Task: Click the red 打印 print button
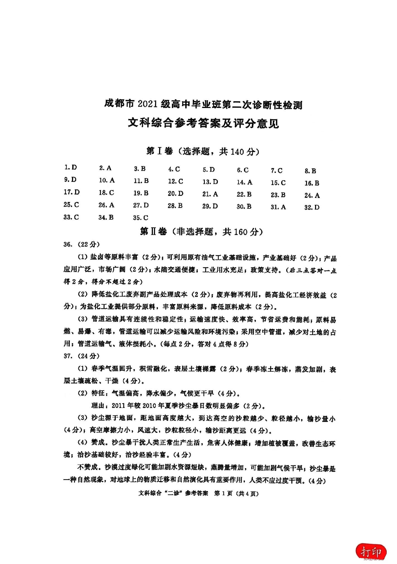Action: tap(371, 552)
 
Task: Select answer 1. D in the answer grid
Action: tap(71, 167)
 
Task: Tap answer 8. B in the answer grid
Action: tap(310, 171)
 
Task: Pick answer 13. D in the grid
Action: tap(210, 182)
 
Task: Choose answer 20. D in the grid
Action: tap(175, 193)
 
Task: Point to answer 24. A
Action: tap(312, 195)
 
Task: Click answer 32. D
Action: tap(312, 207)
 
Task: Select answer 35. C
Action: tap(141, 218)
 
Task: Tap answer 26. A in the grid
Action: tap(106, 205)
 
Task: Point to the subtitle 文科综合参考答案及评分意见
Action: tap(203, 123)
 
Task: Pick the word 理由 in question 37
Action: tap(98, 405)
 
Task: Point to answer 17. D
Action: tap(72, 192)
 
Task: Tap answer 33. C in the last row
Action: tap(71, 217)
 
